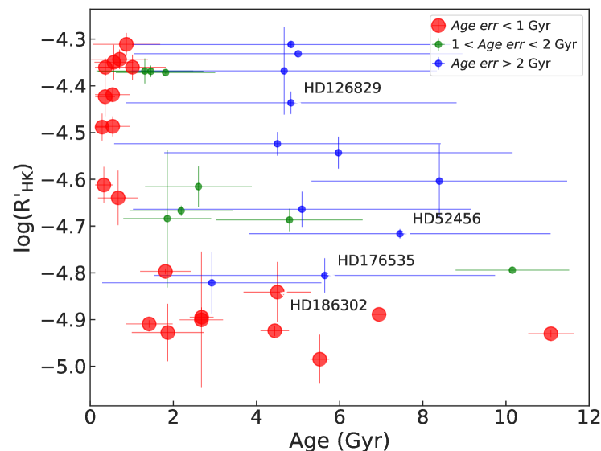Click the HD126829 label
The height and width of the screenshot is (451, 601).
(x=341, y=88)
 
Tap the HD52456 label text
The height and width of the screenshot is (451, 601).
(x=446, y=219)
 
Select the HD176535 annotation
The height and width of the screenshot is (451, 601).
(x=375, y=260)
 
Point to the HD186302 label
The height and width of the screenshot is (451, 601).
(x=327, y=305)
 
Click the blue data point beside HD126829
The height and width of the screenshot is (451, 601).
(x=290, y=103)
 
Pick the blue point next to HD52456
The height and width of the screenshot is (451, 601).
(x=400, y=233)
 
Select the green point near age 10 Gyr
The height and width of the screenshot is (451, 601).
(x=512, y=270)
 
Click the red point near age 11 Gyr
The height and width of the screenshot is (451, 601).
(x=551, y=333)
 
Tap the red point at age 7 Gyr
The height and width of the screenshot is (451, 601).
(x=379, y=314)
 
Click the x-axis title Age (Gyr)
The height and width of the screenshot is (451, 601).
(x=340, y=441)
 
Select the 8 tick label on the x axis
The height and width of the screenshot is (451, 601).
(x=422, y=418)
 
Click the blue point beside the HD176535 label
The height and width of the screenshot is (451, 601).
(x=325, y=275)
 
